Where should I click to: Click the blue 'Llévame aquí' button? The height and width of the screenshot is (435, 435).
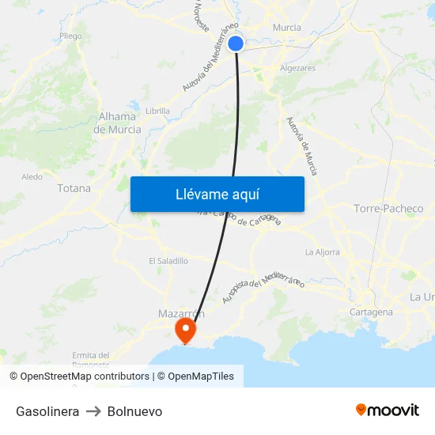click(x=217, y=194)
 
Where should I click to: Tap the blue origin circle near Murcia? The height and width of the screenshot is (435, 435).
click(x=236, y=43)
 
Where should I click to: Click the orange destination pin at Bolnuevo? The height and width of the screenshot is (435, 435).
click(x=186, y=330)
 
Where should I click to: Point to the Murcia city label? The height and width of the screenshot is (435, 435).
click(x=286, y=28)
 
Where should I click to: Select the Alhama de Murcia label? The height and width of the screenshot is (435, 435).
click(x=119, y=123)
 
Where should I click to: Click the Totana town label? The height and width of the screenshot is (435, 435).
click(x=74, y=188)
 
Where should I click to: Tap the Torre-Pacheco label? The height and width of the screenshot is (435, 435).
click(x=388, y=209)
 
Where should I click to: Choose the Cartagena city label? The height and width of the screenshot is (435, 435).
click(x=371, y=312)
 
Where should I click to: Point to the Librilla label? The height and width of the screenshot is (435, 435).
click(x=157, y=111)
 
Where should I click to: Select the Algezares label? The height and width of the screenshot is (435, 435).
click(x=297, y=69)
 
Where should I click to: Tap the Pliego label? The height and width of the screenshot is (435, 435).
click(x=70, y=36)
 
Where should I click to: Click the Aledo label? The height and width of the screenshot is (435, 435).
click(x=32, y=177)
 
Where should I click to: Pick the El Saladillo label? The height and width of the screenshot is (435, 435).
click(x=168, y=260)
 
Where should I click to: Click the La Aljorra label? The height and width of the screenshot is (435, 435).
click(x=322, y=252)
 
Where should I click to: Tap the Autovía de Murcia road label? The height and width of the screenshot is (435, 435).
click(x=301, y=146)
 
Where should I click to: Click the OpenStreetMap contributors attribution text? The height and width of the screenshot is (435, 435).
click(x=85, y=376)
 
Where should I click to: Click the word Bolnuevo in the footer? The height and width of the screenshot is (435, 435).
click(x=134, y=411)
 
